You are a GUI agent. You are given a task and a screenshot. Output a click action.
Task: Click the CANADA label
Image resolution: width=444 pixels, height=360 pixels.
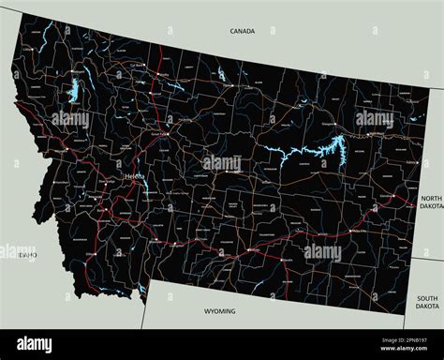pyautogui.click(x=242, y=31)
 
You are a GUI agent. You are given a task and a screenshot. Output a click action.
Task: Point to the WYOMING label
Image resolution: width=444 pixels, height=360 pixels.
pyautogui.click(x=219, y=311)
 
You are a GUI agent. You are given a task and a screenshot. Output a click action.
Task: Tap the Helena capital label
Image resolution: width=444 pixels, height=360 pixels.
pyautogui.click(x=133, y=176)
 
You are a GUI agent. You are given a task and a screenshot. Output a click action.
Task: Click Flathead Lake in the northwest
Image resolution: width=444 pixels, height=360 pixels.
pyautogui.click(x=72, y=92)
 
